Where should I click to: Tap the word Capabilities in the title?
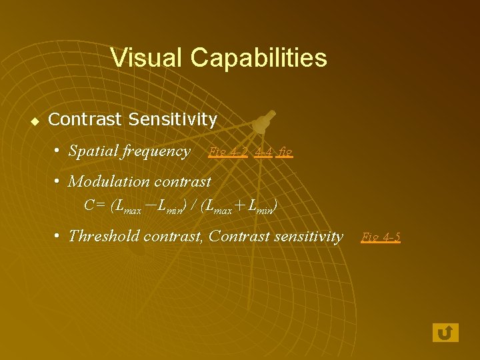pyautogui.click(x=259, y=58)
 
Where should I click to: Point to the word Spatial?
pyautogui.click(x=93, y=151)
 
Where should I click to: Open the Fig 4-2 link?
pyautogui.click(x=228, y=152)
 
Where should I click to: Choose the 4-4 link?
pyautogui.click(x=263, y=152)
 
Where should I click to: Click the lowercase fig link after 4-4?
pyautogui.click(x=285, y=153)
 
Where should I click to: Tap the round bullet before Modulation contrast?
pyautogui.click(x=59, y=181)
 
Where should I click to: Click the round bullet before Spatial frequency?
pyautogui.click(x=59, y=151)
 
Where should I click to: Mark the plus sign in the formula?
pyautogui.click(x=239, y=206)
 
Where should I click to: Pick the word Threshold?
pyautogui.click(x=101, y=236)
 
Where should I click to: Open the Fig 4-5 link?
pyautogui.click(x=380, y=237)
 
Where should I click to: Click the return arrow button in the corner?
pyautogui.click(x=445, y=332)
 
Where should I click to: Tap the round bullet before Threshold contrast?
pyautogui.click(x=59, y=236)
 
